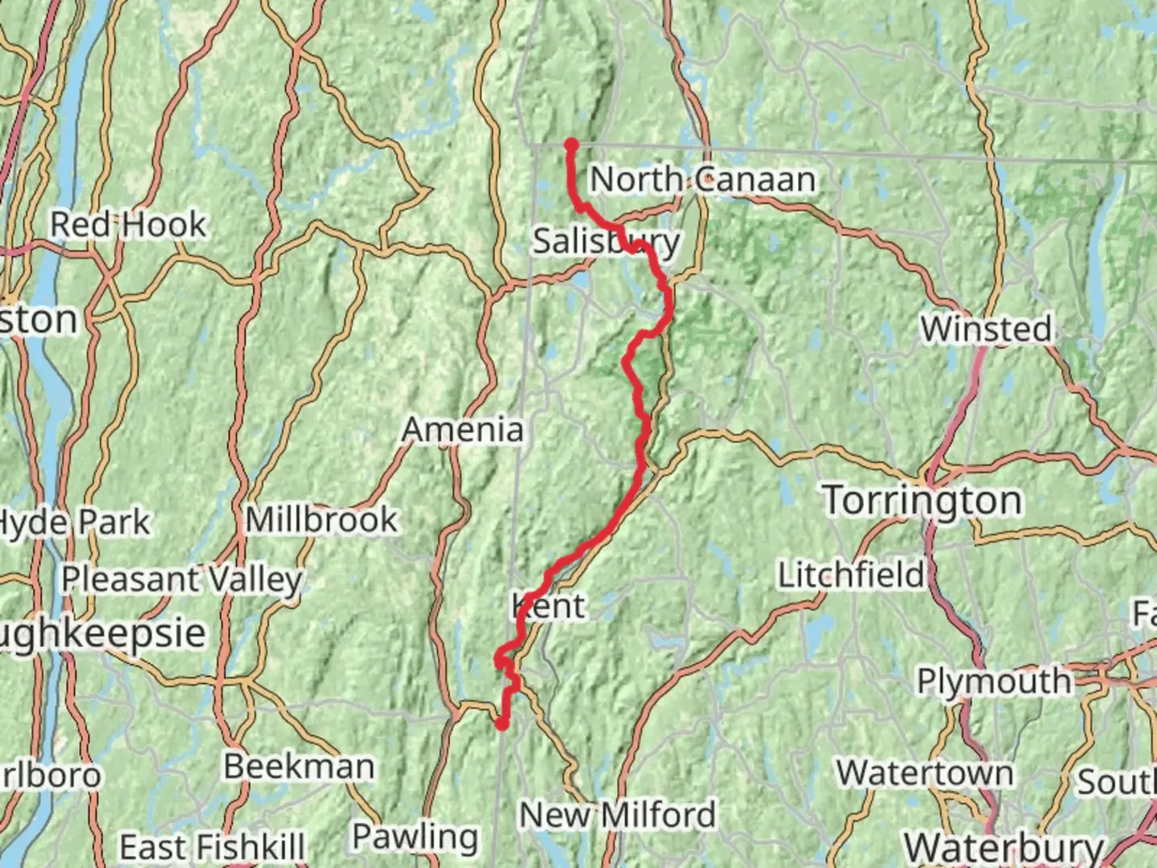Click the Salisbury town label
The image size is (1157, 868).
click(606, 241)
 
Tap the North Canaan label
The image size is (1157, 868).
click(703, 179)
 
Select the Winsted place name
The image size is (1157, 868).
click(986, 329)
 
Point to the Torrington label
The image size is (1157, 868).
click(922, 500)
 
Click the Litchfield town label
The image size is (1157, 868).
click(851, 575)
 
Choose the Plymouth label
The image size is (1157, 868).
click(994, 682)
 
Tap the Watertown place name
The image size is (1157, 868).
click(925, 773)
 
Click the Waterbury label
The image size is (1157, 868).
click(1004, 847)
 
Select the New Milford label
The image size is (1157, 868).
click(617, 815)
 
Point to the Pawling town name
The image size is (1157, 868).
click(415, 837)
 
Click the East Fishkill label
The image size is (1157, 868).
click(212, 847)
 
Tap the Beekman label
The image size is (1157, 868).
click(299, 766)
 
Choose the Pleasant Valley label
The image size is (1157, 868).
click(182, 579)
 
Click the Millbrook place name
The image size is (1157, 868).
click(321, 520)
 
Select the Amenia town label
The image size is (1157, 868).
click(463, 429)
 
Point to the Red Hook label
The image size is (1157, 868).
click(129, 224)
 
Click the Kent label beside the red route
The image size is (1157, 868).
click(550, 606)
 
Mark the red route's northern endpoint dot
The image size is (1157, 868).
click(571, 145)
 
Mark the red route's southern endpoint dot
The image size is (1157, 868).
click(501, 724)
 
